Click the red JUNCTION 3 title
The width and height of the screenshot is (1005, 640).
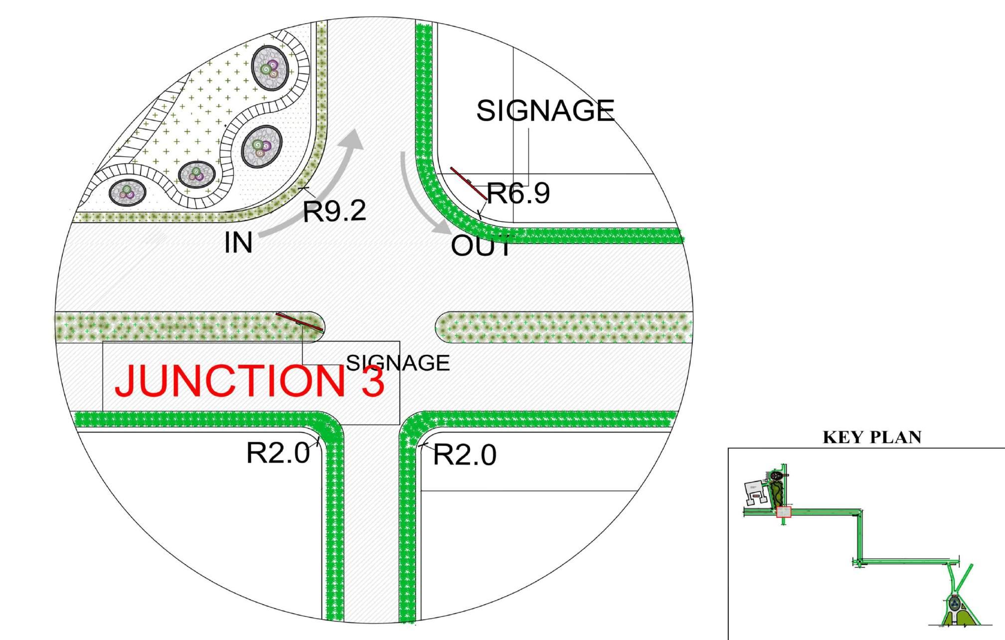pyautogui.click(x=249, y=381)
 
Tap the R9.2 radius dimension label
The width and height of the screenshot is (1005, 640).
pyautogui.click(x=335, y=211)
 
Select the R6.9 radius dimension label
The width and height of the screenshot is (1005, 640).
pyautogui.click(x=518, y=193)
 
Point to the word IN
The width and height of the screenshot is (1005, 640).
pyautogui.click(x=238, y=242)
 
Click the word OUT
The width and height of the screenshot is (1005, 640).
pyautogui.click(x=481, y=246)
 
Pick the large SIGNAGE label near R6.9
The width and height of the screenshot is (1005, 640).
pyautogui.click(x=545, y=110)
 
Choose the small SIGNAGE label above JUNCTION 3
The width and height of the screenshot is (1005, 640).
pyautogui.click(x=398, y=363)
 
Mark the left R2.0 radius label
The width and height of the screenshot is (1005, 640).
pyautogui.click(x=278, y=453)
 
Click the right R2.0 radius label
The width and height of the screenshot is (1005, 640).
pyautogui.click(x=465, y=455)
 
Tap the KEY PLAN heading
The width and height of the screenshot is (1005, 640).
pyautogui.click(x=872, y=437)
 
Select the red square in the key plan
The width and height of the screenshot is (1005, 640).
pyautogui.click(x=784, y=512)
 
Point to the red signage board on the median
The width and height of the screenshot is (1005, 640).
pyautogui.click(x=300, y=322)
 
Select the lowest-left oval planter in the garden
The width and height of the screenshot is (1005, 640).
pyautogui.click(x=128, y=192)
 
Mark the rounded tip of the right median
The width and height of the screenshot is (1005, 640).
pyautogui.click(x=441, y=327)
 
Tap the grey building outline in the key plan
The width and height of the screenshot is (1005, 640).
pyautogui.click(x=755, y=493)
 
